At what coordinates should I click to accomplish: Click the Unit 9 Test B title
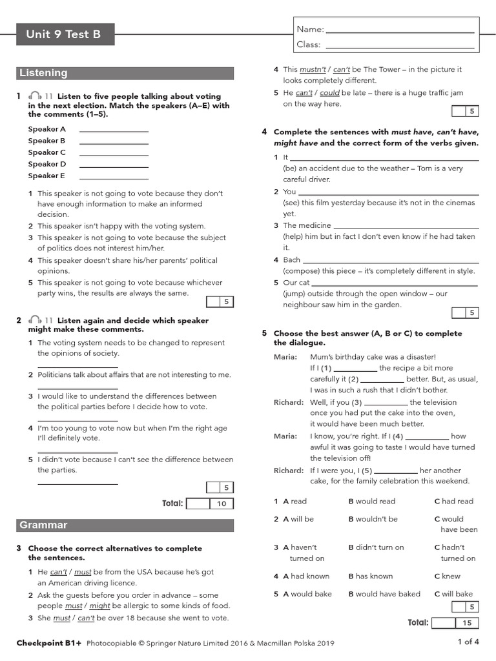point(63,34)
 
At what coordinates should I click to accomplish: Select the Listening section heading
point(43,73)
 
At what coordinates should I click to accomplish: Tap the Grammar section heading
point(43,525)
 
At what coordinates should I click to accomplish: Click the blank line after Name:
point(400,30)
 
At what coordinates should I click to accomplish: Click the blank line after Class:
point(400,45)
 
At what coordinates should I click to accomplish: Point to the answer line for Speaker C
point(114,154)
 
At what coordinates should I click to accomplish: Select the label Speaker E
point(46,176)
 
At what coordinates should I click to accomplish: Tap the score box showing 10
point(222,503)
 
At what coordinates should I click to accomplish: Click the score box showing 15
point(467,623)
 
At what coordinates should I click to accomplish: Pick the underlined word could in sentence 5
point(329,93)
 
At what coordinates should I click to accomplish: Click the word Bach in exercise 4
point(292,260)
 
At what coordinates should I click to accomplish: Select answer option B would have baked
point(384,594)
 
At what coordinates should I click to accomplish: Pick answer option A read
point(294,501)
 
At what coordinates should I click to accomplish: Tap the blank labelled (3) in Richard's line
point(386,403)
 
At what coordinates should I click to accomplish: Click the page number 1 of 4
point(468,642)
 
